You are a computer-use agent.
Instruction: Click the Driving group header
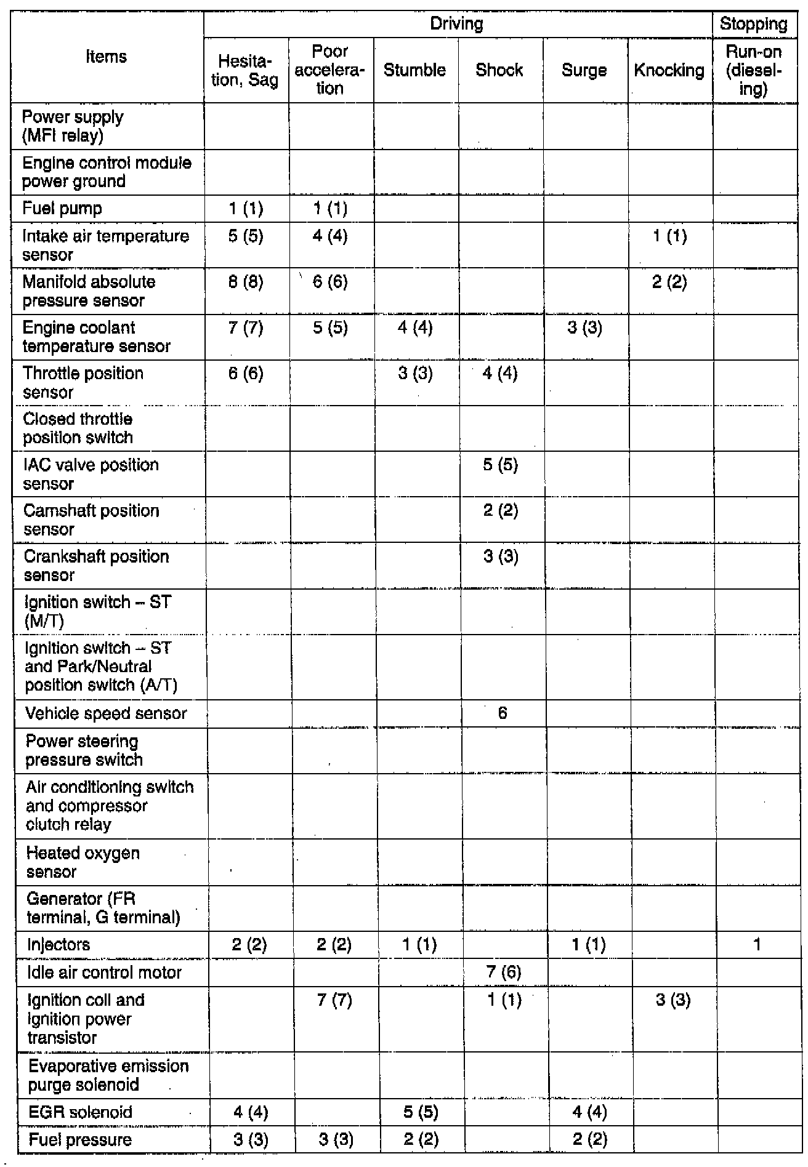456,24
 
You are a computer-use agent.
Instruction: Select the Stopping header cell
753,24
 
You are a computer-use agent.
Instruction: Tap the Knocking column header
669,70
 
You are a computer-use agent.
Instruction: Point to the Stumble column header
414,70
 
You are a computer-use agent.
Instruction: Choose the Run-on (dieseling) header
753,70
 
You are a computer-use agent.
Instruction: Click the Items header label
107,57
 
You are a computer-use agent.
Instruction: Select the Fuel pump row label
62,209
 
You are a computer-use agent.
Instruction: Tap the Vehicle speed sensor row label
106,713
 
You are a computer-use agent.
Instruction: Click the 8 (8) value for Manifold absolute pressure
246,282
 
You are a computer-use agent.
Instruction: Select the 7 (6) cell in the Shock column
503,972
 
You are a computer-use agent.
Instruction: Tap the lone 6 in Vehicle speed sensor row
503,713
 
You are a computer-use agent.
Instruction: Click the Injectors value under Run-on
757,944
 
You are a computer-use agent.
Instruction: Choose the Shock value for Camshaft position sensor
500,511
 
